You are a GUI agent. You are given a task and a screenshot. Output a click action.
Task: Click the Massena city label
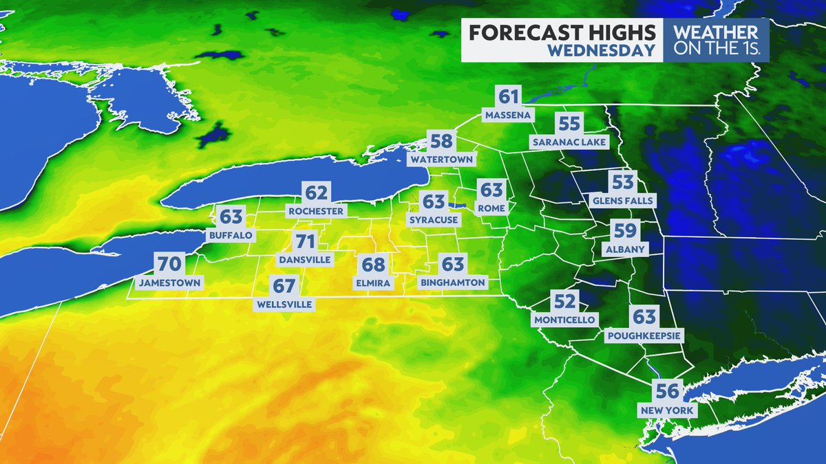click(508, 115)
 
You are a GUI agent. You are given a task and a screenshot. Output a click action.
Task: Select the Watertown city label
click(441, 159)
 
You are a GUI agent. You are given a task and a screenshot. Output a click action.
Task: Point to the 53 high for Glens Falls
click(623, 183)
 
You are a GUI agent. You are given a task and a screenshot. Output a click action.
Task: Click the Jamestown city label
click(169, 283)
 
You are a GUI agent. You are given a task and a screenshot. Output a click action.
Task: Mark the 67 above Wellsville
click(284, 285)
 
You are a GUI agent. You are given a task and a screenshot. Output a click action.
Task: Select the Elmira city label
click(374, 283)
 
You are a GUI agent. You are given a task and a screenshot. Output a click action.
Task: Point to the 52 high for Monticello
click(564, 301)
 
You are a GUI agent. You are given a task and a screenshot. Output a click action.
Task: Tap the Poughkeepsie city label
click(644, 336)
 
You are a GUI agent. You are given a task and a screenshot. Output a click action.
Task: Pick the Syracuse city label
click(433, 220)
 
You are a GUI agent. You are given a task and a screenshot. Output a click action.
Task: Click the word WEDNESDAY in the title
click(602, 50)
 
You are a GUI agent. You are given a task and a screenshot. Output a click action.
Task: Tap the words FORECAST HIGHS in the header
click(562, 32)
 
